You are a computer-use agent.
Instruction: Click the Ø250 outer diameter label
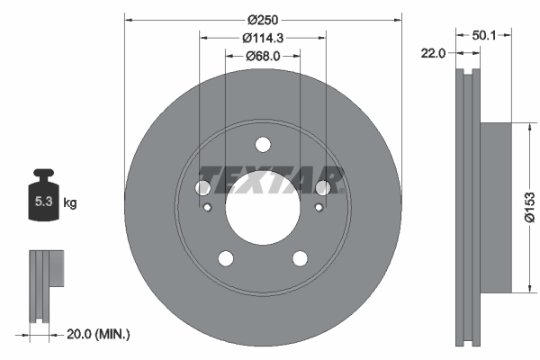(262, 20)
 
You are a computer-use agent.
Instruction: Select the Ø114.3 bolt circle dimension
(262, 38)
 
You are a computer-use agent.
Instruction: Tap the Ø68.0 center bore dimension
(262, 56)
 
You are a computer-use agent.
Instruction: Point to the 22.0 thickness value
(435, 54)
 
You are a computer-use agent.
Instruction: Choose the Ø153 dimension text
(529, 206)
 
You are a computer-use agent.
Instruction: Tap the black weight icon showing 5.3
(42, 200)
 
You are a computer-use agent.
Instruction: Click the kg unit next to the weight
(70, 203)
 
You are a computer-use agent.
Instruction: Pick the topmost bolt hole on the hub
(262, 144)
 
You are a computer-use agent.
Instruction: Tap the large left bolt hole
(203, 187)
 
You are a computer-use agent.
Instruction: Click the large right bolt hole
(321, 187)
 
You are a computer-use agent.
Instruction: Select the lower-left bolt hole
(225, 258)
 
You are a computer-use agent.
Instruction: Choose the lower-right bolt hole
(299, 258)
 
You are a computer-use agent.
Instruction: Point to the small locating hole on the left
(207, 209)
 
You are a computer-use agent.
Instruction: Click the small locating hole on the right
(318, 209)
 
